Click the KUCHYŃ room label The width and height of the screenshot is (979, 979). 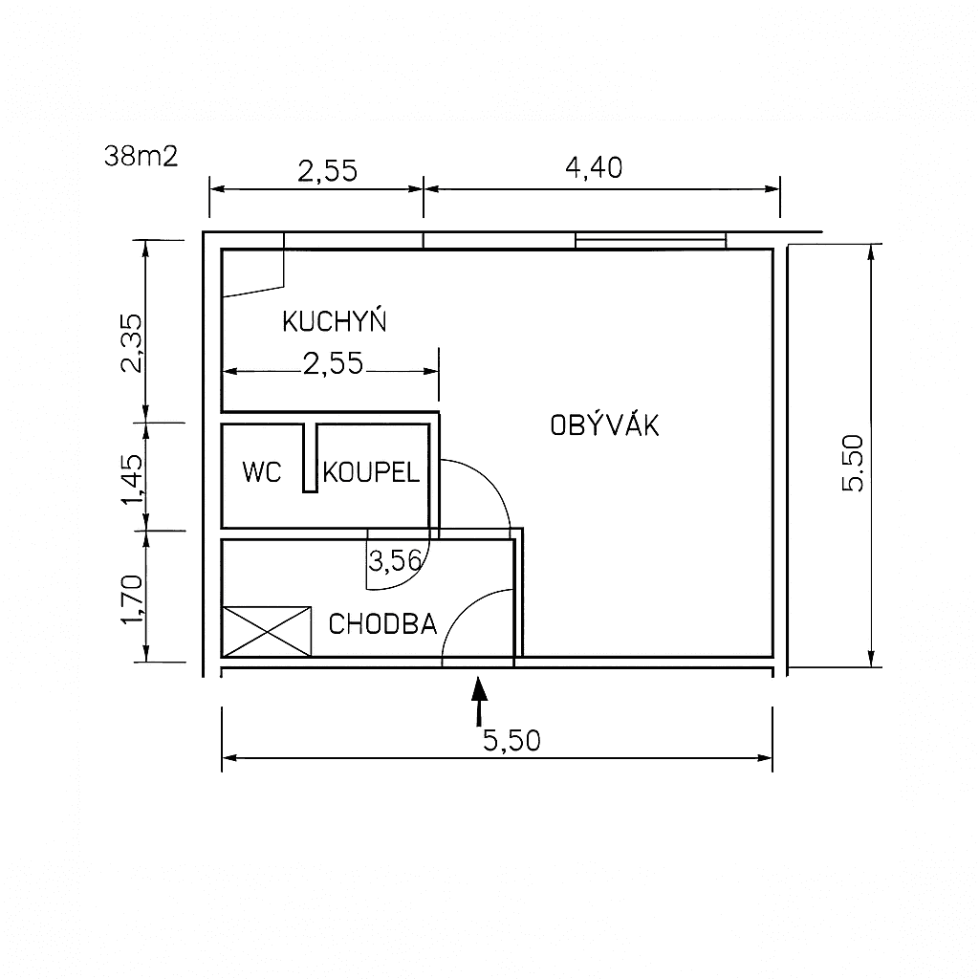[x=335, y=321]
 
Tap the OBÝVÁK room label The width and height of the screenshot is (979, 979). [x=604, y=424]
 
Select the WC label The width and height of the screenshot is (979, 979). [x=262, y=472]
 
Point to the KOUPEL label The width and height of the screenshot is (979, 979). [x=371, y=472]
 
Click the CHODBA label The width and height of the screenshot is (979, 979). [x=382, y=623]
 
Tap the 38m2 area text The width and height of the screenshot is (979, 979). [x=141, y=156]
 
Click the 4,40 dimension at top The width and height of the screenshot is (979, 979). [x=594, y=167]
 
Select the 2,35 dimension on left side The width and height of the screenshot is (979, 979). [x=132, y=343]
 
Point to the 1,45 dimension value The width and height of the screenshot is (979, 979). [x=132, y=478]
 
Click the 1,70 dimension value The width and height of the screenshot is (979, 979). [x=132, y=598]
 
